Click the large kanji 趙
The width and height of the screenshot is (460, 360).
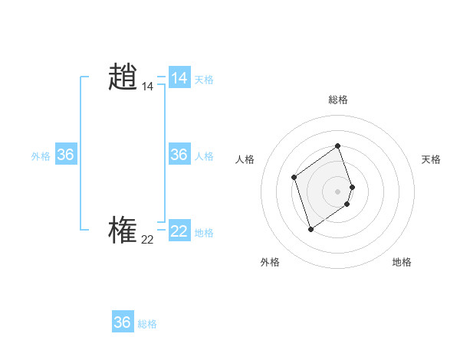click(123, 77)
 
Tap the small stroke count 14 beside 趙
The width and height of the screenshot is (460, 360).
click(147, 87)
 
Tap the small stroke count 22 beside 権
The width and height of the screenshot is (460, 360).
click(147, 240)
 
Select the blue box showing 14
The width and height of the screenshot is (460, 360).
click(179, 78)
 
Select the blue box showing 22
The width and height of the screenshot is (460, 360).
click(179, 231)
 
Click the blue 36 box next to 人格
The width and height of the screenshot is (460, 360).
click(179, 155)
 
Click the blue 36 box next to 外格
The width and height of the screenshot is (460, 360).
click(65, 155)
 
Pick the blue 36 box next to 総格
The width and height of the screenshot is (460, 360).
click(122, 322)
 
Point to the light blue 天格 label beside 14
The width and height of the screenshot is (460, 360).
click(204, 80)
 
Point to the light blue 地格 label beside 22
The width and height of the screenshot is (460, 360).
click(204, 233)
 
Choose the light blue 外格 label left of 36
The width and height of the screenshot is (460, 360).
click(41, 156)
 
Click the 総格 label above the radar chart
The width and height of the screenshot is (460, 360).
click(337, 100)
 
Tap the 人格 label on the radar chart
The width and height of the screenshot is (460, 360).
click(245, 159)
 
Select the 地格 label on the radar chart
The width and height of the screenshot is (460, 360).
click(402, 262)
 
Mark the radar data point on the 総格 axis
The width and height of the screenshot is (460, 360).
click(337, 146)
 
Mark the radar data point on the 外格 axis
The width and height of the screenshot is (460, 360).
click(310, 228)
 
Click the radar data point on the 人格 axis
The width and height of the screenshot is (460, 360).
click(294, 178)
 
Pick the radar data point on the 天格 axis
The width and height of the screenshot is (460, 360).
click(352, 187)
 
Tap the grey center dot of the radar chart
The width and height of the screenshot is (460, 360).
click(337, 191)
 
